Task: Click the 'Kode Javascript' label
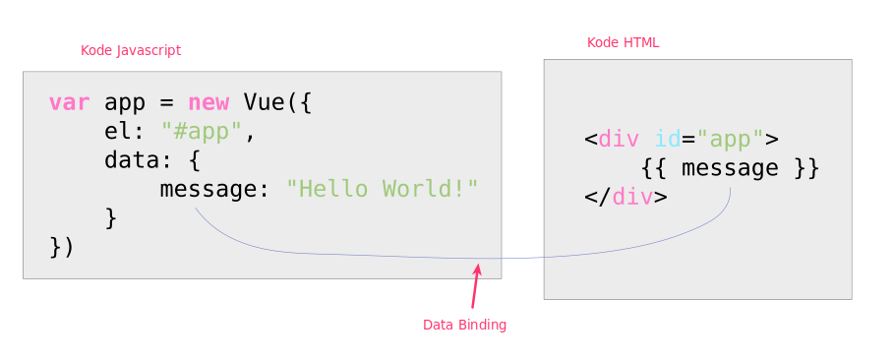click(x=131, y=50)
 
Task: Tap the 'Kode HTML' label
click(x=623, y=42)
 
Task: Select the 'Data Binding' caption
click(x=464, y=325)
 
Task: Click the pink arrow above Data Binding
click(x=475, y=286)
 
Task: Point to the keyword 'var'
click(x=69, y=102)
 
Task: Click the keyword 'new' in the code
click(x=208, y=102)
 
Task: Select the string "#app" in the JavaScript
click(x=201, y=131)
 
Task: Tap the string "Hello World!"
click(x=382, y=188)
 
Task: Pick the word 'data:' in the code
click(x=139, y=159)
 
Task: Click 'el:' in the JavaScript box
click(x=125, y=131)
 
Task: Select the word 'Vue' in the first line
click(x=264, y=102)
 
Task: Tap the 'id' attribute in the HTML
click(x=668, y=139)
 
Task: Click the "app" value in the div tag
click(x=730, y=139)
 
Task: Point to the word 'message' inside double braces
click(x=730, y=168)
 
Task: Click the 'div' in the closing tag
click(x=632, y=197)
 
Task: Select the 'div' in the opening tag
click(x=619, y=139)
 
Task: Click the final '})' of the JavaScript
click(x=62, y=246)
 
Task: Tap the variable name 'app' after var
click(x=124, y=102)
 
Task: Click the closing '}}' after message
click(x=805, y=168)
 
